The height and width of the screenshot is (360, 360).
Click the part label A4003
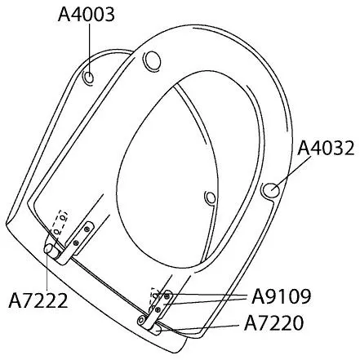click(87, 15)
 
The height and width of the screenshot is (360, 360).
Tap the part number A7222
click(38, 300)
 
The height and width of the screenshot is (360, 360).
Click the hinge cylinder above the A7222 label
click(50, 251)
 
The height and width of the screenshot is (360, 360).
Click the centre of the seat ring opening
click(176, 155)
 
